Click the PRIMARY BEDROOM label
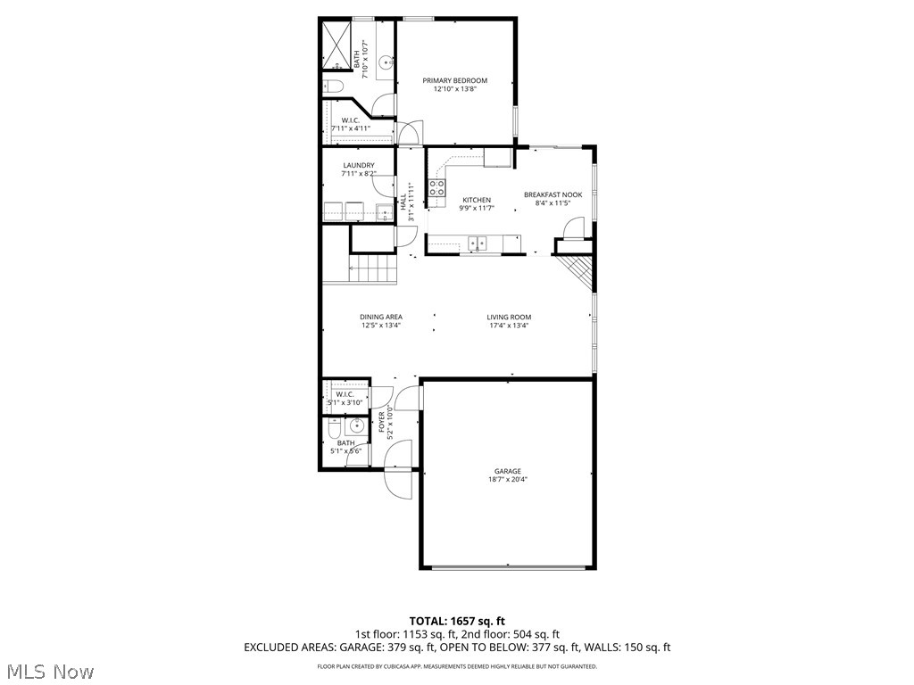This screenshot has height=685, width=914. (454, 80)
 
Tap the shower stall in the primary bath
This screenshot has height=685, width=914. (337, 45)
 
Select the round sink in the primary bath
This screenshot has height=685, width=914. (386, 62)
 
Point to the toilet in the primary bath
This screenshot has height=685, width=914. (332, 87)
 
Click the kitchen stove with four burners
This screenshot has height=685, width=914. (437, 187)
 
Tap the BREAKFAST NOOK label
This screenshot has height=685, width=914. (553, 194)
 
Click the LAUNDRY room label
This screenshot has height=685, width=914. (358, 165)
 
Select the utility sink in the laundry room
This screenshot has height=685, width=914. (383, 212)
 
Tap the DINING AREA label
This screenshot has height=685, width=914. (381, 317)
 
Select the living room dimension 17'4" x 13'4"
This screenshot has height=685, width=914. (509, 326)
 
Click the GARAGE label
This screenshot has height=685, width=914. (508, 471)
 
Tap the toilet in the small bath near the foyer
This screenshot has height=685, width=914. (333, 430)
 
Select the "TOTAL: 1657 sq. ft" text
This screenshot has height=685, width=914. (457, 620)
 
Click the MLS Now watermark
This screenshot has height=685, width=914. (51, 670)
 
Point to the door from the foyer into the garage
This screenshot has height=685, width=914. (409, 397)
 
